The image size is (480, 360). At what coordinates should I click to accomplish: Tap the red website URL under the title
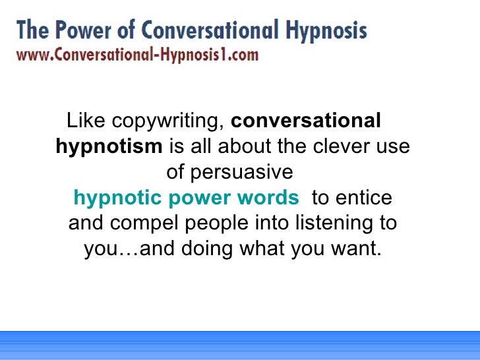click(137, 55)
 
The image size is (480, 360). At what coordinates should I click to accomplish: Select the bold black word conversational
click(306, 121)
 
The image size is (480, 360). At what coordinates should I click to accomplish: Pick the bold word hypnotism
click(109, 146)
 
